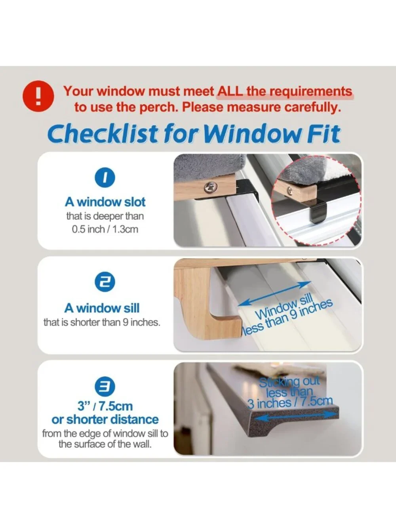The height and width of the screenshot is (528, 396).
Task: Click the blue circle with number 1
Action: [105, 177]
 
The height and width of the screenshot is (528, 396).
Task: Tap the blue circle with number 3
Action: [105, 387]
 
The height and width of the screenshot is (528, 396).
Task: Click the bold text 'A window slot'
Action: [105, 202]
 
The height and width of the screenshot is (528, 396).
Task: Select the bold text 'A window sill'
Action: [102, 308]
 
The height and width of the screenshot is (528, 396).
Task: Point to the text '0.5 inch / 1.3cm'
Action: [105, 229]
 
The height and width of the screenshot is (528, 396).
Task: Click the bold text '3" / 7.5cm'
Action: [105, 406]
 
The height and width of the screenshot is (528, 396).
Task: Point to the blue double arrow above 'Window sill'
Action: [274, 294]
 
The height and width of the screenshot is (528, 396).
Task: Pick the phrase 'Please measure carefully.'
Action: [262, 107]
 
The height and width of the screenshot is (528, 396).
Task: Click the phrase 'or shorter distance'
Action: [105, 420]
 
